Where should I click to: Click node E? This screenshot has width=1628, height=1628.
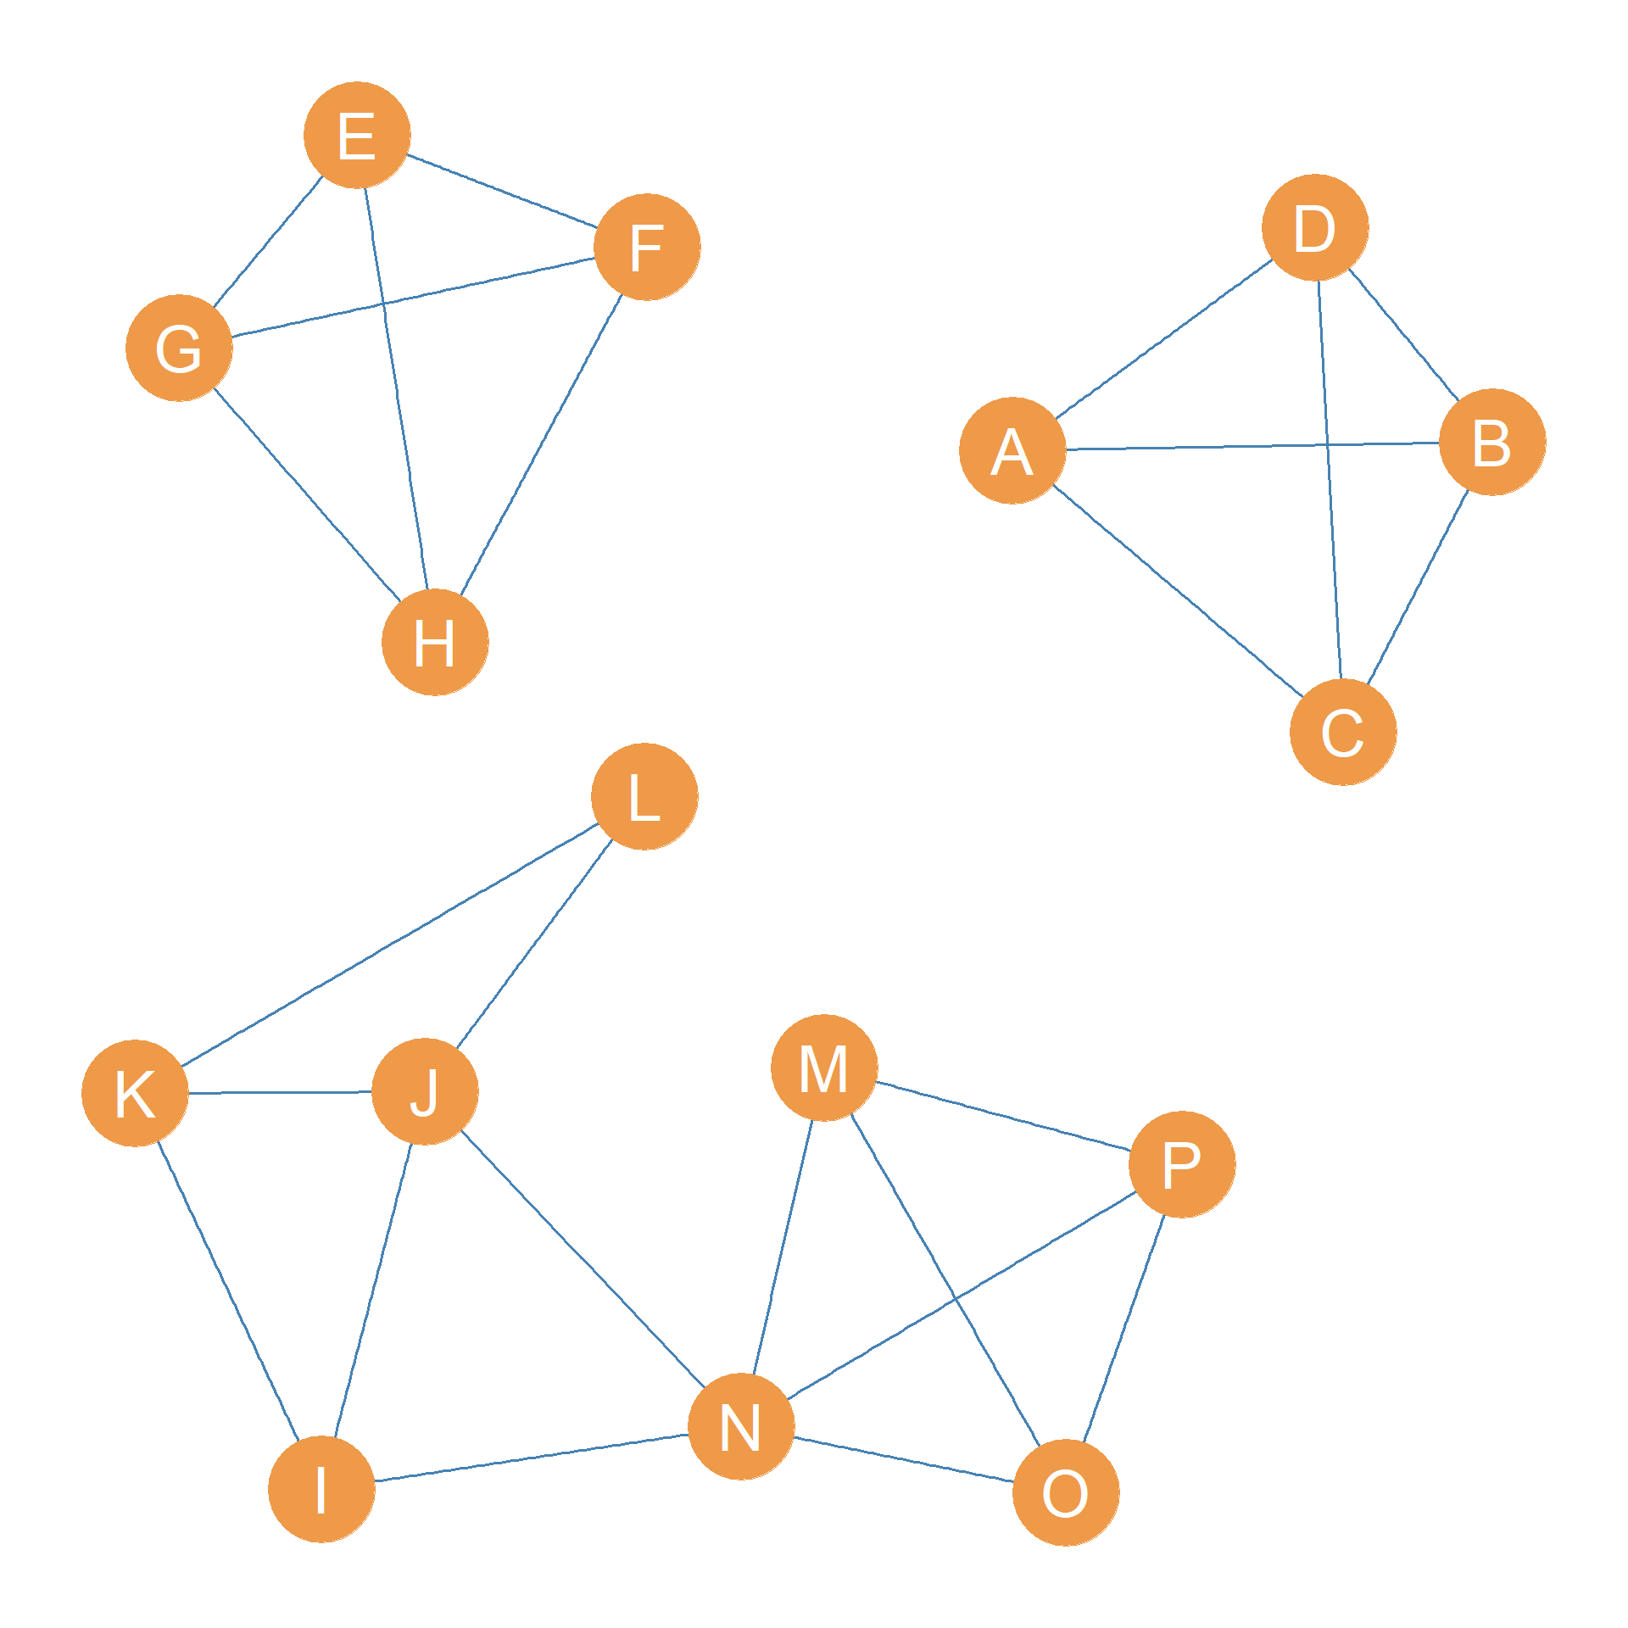(x=357, y=135)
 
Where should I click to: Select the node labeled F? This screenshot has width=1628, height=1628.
(x=647, y=247)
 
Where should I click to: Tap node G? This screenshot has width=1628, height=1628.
(x=179, y=348)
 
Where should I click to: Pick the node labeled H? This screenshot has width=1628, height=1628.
(x=435, y=642)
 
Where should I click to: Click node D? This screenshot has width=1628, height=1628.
(x=1315, y=227)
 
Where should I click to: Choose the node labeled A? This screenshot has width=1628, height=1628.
(x=1012, y=450)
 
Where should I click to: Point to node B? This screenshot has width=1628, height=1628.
(x=1492, y=442)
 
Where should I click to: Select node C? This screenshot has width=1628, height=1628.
(x=1343, y=732)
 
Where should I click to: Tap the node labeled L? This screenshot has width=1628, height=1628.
(x=644, y=796)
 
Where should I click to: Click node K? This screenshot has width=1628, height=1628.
(x=135, y=1093)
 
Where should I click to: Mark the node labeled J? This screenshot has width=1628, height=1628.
(x=425, y=1091)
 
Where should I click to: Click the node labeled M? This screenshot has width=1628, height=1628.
(x=824, y=1068)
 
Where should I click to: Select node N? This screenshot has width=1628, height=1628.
(x=741, y=1426)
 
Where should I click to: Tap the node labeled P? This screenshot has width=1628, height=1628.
(x=1182, y=1164)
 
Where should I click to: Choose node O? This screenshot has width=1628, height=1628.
(x=1066, y=1492)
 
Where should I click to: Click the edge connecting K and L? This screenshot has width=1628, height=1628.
(x=390, y=945)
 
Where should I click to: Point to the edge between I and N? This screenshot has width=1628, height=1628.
(x=531, y=1458)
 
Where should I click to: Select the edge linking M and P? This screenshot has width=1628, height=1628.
(x=1003, y=1116)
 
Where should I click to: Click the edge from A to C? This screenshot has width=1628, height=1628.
(x=1178, y=591)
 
